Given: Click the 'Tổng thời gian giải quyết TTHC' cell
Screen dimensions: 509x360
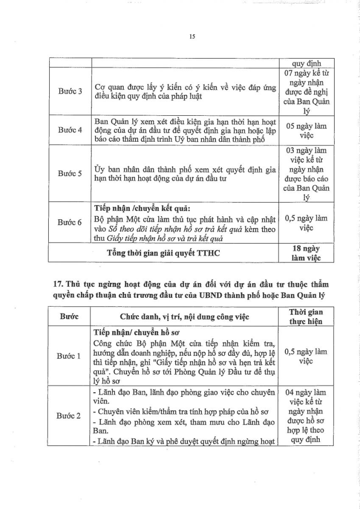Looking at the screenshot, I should tap(164, 253).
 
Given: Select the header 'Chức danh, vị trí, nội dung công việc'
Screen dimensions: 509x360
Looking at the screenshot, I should tap(184, 317).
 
